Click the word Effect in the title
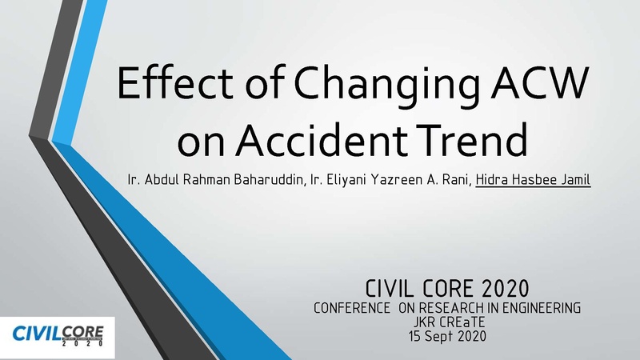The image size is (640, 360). pyautogui.click(x=175, y=83)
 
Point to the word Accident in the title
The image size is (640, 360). pyautogui.click(x=322, y=139)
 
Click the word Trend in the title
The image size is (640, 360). pyautogui.click(x=469, y=139)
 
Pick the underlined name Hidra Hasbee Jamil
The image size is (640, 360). pyautogui.click(x=533, y=179)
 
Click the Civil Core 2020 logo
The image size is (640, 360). pyautogui.click(x=58, y=336)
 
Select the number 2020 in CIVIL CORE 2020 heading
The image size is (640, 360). pyautogui.click(x=506, y=289)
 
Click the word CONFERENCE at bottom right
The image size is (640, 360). pyautogui.click(x=352, y=308)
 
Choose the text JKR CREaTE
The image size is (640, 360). pyautogui.click(x=449, y=322)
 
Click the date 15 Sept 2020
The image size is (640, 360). pyautogui.click(x=448, y=336)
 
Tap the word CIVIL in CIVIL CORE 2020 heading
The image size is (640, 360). pyautogui.click(x=389, y=289)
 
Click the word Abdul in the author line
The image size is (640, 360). pyautogui.click(x=162, y=179)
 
